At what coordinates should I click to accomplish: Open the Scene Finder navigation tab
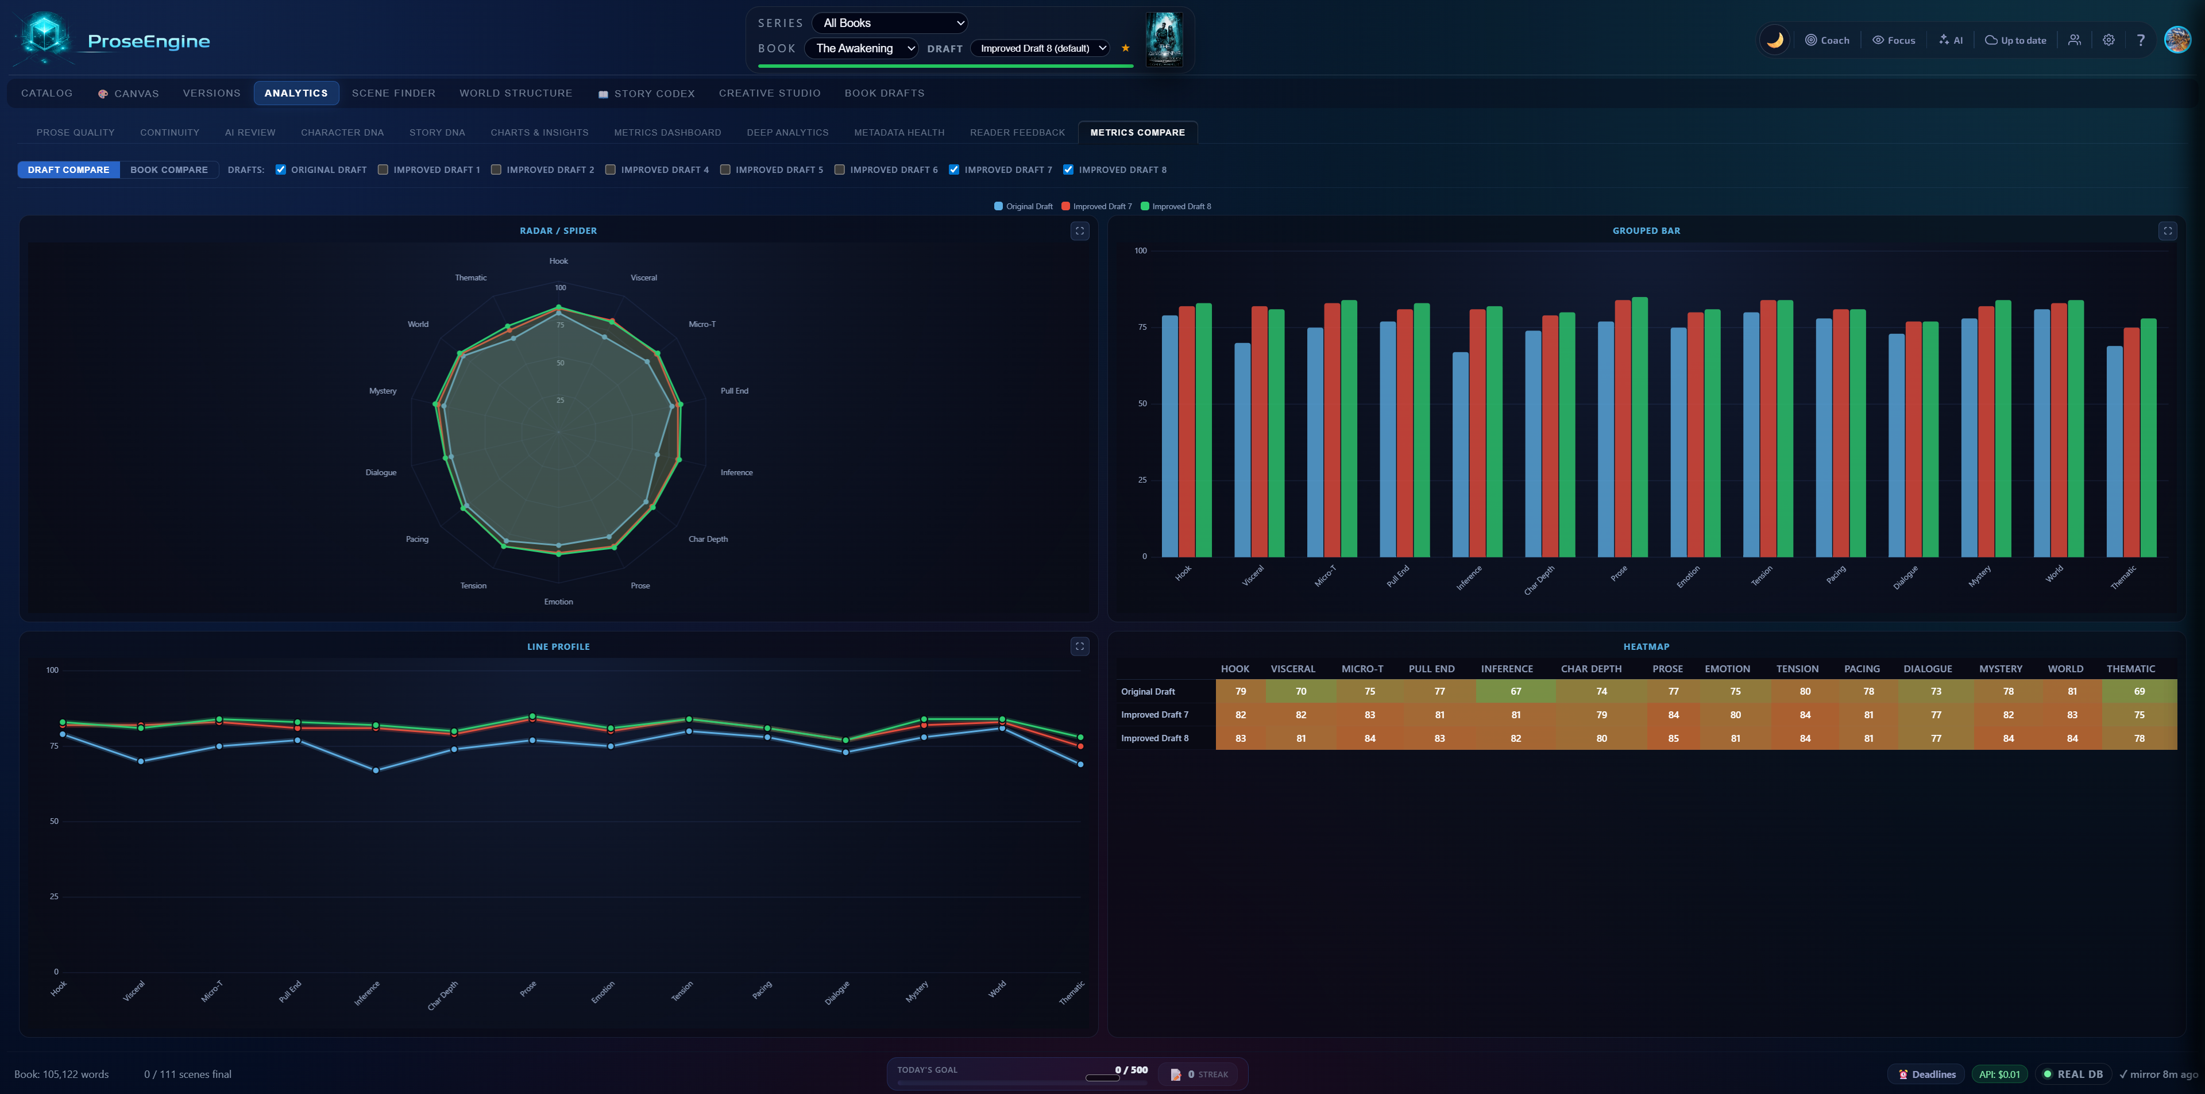[x=393, y=93]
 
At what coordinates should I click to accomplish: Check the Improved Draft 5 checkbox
[x=725, y=170]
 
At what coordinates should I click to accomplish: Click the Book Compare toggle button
[x=169, y=170]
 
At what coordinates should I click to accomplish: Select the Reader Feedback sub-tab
[x=1017, y=133]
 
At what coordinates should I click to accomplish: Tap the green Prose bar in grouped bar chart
[x=1639, y=428]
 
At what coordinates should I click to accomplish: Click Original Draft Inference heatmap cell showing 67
[x=1515, y=691]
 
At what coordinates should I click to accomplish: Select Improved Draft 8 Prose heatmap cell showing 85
[x=1673, y=738]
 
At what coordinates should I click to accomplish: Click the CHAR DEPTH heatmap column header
[x=1590, y=669]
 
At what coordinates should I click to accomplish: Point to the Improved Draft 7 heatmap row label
[x=1154, y=715]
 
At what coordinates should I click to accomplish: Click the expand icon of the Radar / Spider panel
[x=1079, y=231]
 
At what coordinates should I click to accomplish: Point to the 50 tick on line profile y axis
[x=54, y=821]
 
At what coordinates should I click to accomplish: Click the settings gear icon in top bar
[x=2109, y=40]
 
